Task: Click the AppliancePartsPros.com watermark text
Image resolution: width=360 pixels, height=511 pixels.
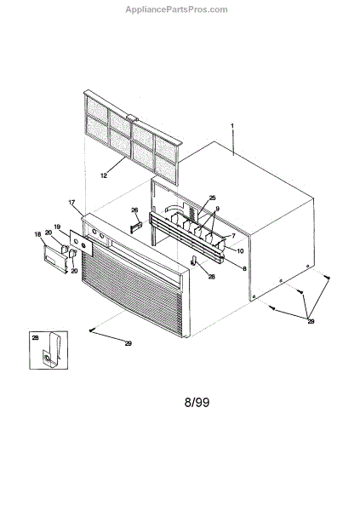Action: click(176, 9)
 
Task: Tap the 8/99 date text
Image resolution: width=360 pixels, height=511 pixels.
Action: click(197, 402)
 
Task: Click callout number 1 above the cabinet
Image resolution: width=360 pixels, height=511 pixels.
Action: click(232, 125)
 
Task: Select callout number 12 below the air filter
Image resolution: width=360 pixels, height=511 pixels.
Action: click(104, 175)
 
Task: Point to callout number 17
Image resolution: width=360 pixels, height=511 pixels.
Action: click(71, 203)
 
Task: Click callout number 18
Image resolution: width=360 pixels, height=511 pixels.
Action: click(37, 233)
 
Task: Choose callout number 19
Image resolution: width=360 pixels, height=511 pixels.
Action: click(57, 227)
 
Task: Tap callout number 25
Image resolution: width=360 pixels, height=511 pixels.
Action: click(213, 198)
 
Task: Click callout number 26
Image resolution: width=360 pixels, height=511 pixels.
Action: click(134, 210)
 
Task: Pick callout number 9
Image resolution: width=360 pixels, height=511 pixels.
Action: click(217, 209)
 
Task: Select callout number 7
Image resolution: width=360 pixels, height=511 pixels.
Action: click(233, 236)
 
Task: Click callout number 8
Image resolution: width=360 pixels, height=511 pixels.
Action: click(244, 268)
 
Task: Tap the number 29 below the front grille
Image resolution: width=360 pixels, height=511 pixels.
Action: click(129, 343)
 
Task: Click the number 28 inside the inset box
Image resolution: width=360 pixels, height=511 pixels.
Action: click(35, 338)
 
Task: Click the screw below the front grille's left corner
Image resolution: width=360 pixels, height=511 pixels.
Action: click(91, 330)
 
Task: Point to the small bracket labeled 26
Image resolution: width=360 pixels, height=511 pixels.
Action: click(136, 227)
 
